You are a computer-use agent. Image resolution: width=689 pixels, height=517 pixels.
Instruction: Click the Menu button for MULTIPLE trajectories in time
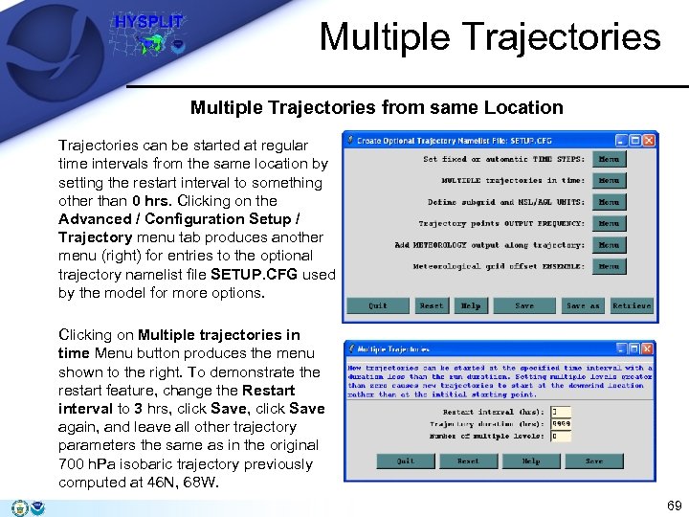coord(609,180)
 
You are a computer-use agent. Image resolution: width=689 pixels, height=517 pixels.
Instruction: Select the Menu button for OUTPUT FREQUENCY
coord(609,223)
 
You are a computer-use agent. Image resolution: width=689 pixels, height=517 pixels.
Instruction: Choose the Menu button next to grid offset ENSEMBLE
coord(609,266)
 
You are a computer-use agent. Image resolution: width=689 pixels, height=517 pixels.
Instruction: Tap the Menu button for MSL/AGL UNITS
coord(609,202)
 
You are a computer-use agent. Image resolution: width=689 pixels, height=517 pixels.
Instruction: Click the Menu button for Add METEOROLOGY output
coord(609,245)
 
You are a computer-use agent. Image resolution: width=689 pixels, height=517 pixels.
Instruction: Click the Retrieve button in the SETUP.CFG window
coord(631,305)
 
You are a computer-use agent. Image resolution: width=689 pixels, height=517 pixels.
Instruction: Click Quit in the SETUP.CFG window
coord(378,305)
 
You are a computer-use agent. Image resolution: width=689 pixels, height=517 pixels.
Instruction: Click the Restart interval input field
coord(561,413)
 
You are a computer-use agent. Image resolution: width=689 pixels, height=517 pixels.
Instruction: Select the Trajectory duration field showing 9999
coord(561,424)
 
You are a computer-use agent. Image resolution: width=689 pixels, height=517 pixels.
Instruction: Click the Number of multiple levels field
coord(561,436)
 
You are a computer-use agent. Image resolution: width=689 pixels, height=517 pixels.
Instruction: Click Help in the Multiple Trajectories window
coord(531,461)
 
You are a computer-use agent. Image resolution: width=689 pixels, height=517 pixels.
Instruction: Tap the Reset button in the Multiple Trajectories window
coord(468,461)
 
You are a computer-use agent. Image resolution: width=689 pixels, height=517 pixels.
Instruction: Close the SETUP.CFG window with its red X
coord(649,140)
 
